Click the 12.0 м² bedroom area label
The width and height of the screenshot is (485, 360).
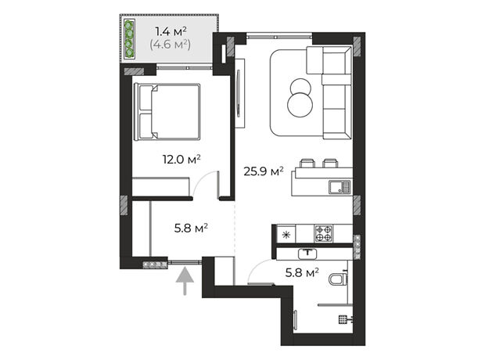181,160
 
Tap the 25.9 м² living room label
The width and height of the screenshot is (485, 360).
264,171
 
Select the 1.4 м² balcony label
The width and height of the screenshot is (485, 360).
171,31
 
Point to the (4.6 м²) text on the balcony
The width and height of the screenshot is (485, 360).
170,45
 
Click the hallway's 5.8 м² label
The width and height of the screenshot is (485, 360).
191,229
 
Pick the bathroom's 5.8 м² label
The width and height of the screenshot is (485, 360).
302,272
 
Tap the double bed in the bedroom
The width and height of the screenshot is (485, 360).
167,112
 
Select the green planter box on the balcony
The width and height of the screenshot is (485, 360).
129,39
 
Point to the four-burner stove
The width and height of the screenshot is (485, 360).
324,234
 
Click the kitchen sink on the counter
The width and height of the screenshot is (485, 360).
339,187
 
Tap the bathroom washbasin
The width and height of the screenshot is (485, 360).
307,254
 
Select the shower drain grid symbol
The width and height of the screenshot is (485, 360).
343,319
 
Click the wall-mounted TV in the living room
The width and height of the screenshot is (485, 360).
239,93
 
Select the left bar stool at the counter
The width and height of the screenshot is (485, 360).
307,163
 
